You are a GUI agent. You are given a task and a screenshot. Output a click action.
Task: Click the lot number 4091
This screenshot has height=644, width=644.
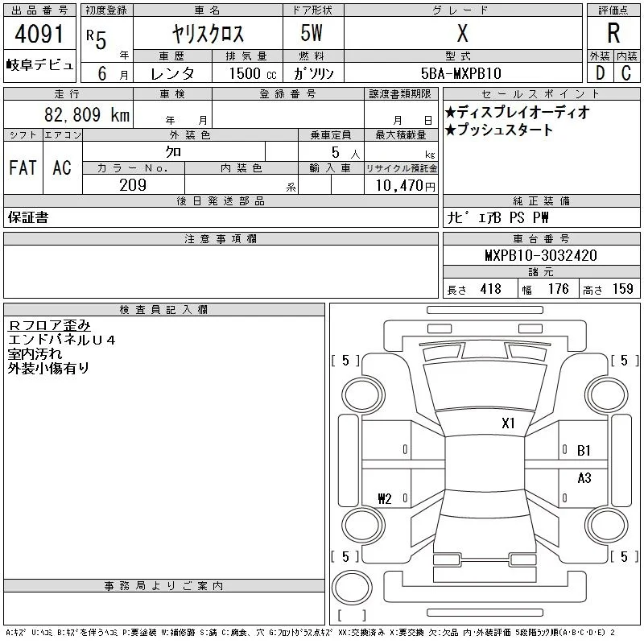39,34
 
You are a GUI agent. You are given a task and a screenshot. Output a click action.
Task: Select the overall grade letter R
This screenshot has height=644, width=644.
613,33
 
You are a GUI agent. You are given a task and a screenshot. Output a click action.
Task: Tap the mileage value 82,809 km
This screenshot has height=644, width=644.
87,115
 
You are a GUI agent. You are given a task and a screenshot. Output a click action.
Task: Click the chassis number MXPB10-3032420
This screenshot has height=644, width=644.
541,255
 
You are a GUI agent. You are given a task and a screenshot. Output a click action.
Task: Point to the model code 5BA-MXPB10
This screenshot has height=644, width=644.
461,73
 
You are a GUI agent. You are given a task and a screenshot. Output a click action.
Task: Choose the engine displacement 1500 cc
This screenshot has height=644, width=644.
253,73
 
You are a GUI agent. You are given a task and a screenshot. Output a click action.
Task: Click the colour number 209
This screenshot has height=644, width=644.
133,185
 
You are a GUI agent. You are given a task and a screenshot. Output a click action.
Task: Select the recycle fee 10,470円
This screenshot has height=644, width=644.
406,186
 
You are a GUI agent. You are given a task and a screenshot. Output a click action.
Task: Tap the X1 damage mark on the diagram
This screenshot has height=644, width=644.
508,423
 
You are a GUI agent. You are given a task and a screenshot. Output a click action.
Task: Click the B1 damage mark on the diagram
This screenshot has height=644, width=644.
584,451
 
